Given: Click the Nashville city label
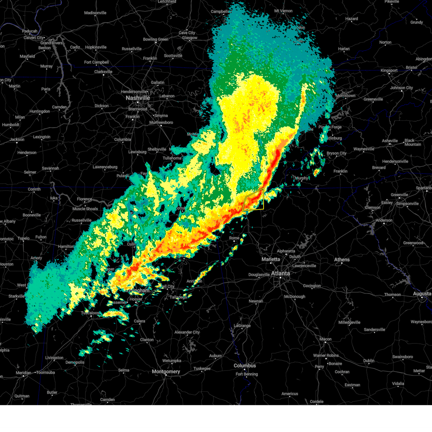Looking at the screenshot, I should tap(138, 98).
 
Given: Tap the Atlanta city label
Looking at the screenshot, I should tap(280, 273).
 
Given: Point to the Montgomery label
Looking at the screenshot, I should tap(166, 372).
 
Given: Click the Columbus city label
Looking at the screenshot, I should tap(245, 365).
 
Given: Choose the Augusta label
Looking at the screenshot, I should tap(422, 294).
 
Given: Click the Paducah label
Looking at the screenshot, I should tap(30, 31).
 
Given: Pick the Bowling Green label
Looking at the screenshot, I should tap(156, 40).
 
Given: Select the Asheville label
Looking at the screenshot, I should tap(390, 141).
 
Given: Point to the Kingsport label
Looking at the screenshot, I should tap(389, 71).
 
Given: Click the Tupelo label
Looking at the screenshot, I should tap(23, 238).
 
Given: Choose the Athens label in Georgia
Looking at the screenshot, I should tap(342, 260).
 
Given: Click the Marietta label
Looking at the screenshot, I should tap(271, 259).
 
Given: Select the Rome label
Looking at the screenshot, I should tap(234, 238).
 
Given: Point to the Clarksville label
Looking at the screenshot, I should tap(103, 72).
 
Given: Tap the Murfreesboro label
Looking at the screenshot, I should tap(161, 122).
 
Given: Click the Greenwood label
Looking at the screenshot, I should tap(413, 243).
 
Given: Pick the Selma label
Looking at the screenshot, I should tap(123, 370).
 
